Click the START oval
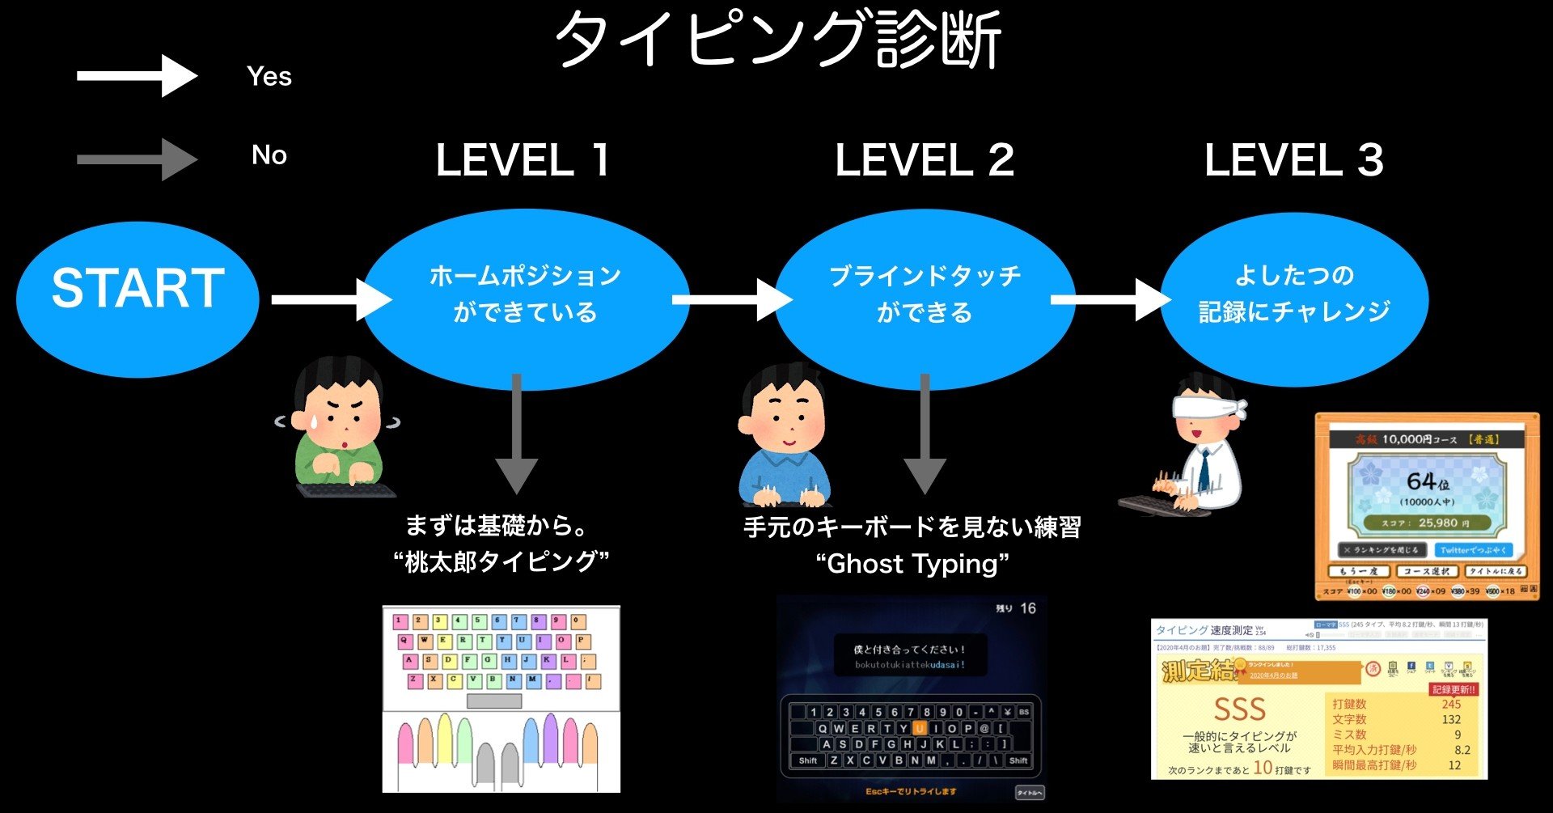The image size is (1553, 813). (x=138, y=299)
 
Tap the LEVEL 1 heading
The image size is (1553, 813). (x=523, y=160)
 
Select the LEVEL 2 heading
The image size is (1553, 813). (x=924, y=160)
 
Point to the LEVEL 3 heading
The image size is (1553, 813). (x=1294, y=160)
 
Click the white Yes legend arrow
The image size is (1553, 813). (x=138, y=76)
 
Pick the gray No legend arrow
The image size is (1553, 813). (x=138, y=159)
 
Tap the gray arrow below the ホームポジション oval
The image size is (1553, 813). (x=517, y=437)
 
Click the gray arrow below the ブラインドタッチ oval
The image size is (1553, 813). (x=925, y=437)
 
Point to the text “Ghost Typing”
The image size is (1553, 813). (x=912, y=564)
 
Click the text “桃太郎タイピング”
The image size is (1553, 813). (x=501, y=561)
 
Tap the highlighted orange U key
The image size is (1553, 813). (x=920, y=728)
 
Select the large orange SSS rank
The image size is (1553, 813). (x=1239, y=710)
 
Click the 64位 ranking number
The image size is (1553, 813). (x=1427, y=482)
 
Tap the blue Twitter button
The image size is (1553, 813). (x=1473, y=550)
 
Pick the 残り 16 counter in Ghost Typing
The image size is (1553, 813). (x=1016, y=608)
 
